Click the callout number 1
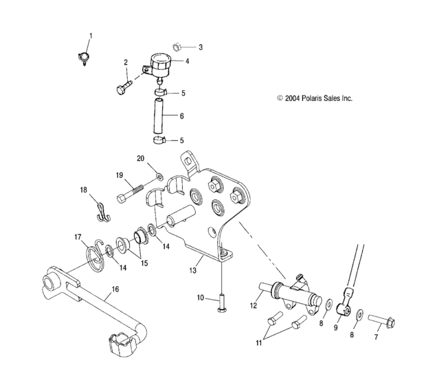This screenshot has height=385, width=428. point(88,35)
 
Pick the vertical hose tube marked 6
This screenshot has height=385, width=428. point(156,116)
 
